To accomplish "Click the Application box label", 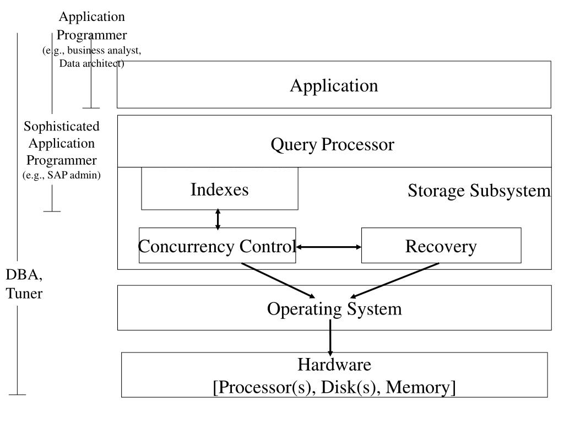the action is pos(334,86).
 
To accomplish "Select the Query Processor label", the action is pos(332,145).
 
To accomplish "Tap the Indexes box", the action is pos(220,188).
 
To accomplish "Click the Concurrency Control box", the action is pos(217,245).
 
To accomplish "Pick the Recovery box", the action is pos(441,245).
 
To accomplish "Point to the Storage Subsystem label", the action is pos(479,190).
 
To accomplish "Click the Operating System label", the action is pos(334,309).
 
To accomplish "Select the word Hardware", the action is pos(334,365).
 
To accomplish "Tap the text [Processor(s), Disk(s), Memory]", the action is pos(334,387).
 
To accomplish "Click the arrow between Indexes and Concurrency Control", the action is pos(218,219).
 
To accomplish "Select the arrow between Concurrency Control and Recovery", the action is pos(328,247).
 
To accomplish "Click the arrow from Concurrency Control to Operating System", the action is pos(278,280).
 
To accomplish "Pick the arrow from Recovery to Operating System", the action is pos(394,280).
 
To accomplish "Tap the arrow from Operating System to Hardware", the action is pos(330,338).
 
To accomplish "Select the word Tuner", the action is pos(24,294).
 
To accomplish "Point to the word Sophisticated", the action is pos(62,126).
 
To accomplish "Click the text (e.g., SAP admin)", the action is pos(62,175).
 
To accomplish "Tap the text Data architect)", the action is pos(92,63).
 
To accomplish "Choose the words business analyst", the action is pos(104,50).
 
